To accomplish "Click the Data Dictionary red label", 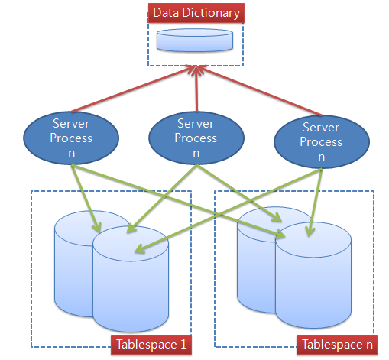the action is pos(196,13).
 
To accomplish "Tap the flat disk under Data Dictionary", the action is pos(195,41).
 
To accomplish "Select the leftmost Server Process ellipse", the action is pos(71,138).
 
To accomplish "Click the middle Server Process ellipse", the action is pos(196,138).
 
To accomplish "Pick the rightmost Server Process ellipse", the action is pos(322,141).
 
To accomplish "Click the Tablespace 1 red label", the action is pos(151,345).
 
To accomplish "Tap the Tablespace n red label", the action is pos(337,345).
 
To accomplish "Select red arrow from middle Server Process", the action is pos(196,89).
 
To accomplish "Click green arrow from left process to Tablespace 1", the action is pos(86,199).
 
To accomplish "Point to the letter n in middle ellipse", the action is pos(196,153).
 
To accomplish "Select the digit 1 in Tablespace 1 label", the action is pos(183,345).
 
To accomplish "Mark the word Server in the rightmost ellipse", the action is pos(321,127).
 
